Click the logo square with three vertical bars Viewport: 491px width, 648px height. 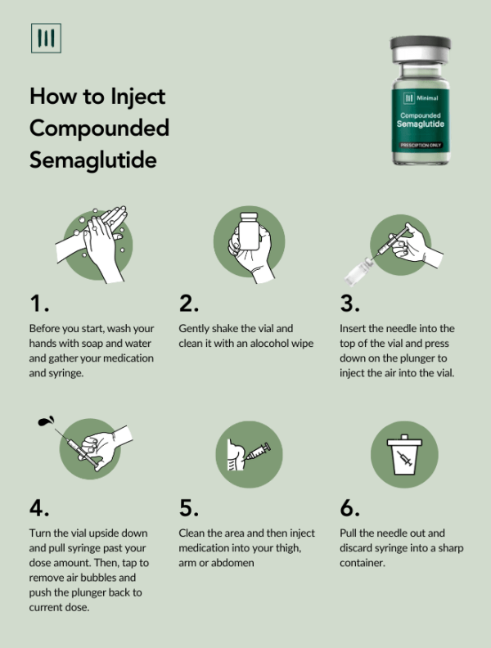(46, 38)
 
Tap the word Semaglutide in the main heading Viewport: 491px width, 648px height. (92, 159)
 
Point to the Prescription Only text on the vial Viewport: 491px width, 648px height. (420, 145)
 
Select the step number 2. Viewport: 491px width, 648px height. (189, 304)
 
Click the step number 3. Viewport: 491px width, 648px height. (349, 304)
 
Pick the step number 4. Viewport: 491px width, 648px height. (39, 507)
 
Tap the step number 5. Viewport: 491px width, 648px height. (189, 507)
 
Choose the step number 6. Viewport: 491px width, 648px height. (350, 507)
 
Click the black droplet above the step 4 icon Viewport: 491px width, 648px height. (43, 423)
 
